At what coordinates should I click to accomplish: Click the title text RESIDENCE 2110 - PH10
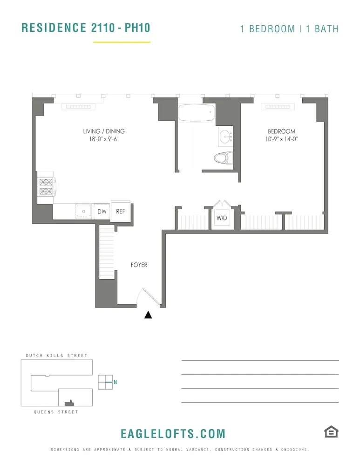86,27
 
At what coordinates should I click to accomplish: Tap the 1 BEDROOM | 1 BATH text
289,29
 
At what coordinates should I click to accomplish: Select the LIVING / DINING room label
104,131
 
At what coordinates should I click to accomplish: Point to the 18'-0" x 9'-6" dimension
104,139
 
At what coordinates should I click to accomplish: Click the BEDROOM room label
281,131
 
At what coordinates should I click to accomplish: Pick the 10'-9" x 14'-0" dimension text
281,139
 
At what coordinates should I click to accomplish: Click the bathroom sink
226,137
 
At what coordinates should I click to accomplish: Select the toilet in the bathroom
224,158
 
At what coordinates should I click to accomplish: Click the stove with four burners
47,186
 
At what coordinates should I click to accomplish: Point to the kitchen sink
84,211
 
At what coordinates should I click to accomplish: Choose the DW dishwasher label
102,212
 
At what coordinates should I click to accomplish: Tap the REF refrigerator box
120,211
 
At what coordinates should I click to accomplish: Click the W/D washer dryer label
222,218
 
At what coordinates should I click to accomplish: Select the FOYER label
139,265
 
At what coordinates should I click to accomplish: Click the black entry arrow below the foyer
148,315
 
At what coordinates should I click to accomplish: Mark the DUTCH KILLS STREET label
56,356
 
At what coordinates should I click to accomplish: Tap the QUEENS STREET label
56,412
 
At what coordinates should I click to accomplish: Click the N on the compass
115,383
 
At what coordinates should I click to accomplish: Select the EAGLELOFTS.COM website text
173,434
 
